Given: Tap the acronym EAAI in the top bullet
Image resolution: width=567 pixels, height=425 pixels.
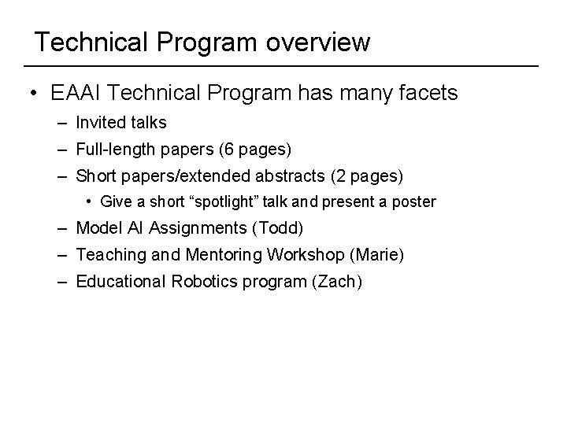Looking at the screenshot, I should (x=76, y=94).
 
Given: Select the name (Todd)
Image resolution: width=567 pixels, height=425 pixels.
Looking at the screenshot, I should (x=287, y=228).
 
